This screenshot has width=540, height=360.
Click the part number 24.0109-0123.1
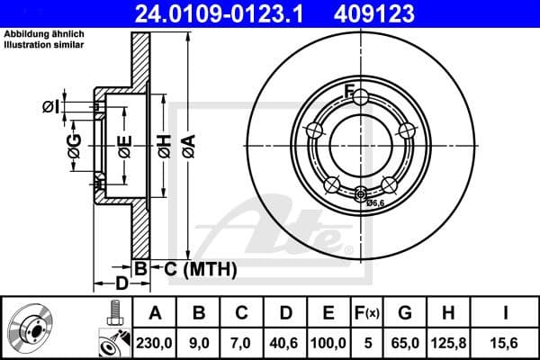(x=221, y=13)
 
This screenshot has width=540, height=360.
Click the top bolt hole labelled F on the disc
(x=358, y=97)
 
